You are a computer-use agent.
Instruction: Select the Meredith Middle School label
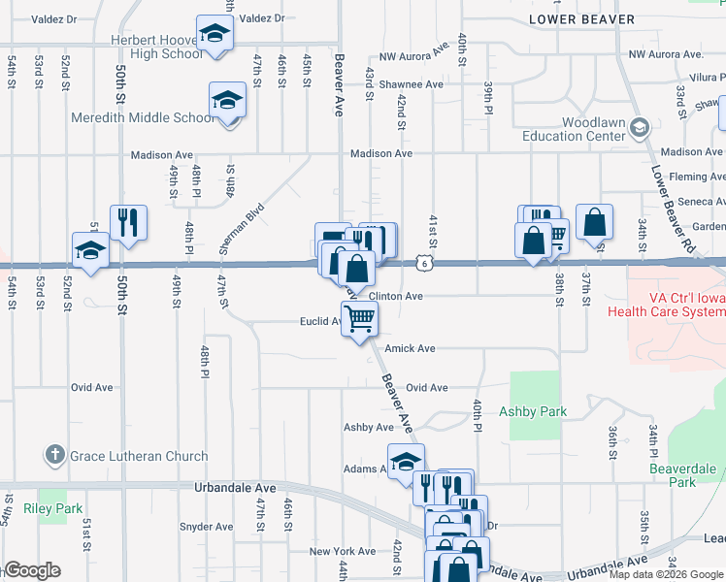[142, 117]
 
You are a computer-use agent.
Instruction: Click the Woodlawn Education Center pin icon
[639, 126]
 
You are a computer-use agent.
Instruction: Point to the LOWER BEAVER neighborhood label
[582, 19]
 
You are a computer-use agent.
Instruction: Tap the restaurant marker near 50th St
[128, 223]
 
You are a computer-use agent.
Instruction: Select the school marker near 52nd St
[91, 251]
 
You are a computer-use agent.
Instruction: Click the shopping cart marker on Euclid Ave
[359, 318]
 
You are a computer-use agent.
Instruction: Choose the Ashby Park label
[532, 411]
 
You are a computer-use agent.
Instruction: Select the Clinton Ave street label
[395, 297]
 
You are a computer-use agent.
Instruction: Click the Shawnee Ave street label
[411, 84]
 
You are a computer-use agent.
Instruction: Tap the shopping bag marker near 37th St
[593, 222]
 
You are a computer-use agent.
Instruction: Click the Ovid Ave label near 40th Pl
[426, 388]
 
